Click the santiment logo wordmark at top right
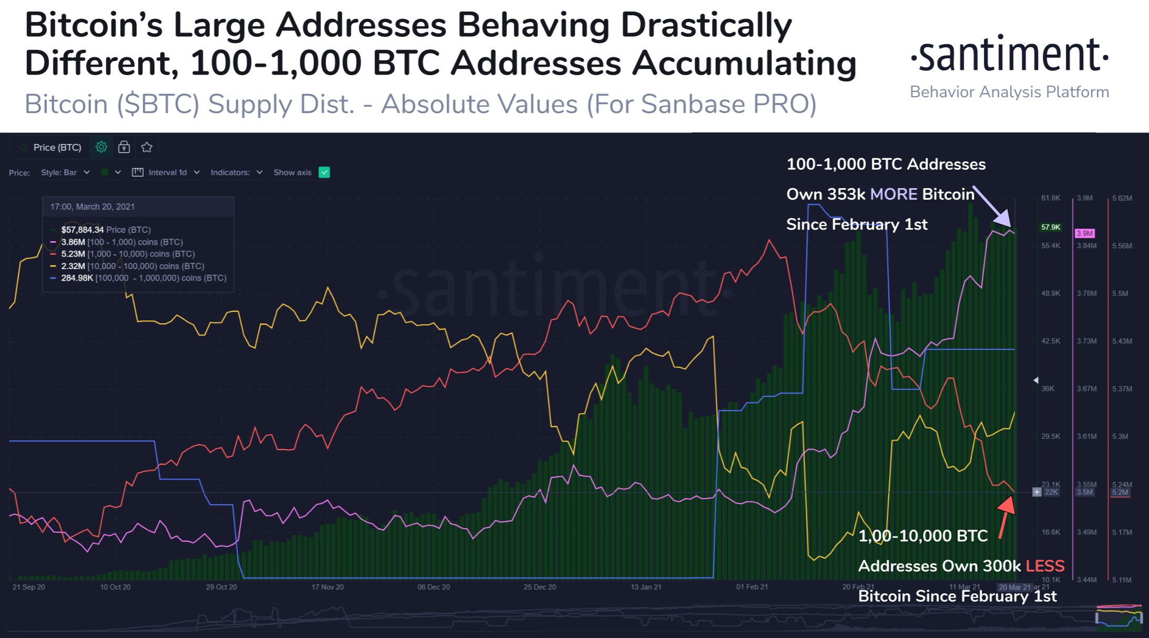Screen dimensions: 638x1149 tap(1009, 55)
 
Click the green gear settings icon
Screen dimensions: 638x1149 tap(101, 147)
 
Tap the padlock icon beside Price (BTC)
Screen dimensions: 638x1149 tap(124, 147)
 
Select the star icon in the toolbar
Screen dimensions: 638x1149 tap(147, 147)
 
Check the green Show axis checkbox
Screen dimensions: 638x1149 tap(324, 172)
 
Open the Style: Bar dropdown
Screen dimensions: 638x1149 tap(65, 172)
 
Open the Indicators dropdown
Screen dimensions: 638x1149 tap(236, 172)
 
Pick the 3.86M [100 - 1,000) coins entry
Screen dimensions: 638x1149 tap(121, 242)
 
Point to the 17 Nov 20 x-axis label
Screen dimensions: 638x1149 tap(328, 587)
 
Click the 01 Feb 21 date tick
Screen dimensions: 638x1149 tap(752, 587)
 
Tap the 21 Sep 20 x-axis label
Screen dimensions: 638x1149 tap(29, 587)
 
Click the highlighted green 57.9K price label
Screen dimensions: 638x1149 tap(1051, 227)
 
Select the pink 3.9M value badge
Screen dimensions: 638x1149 tap(1084, 233)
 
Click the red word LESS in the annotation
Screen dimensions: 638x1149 tap(1045, 566)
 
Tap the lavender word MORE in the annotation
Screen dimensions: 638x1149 tap(893, 194)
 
